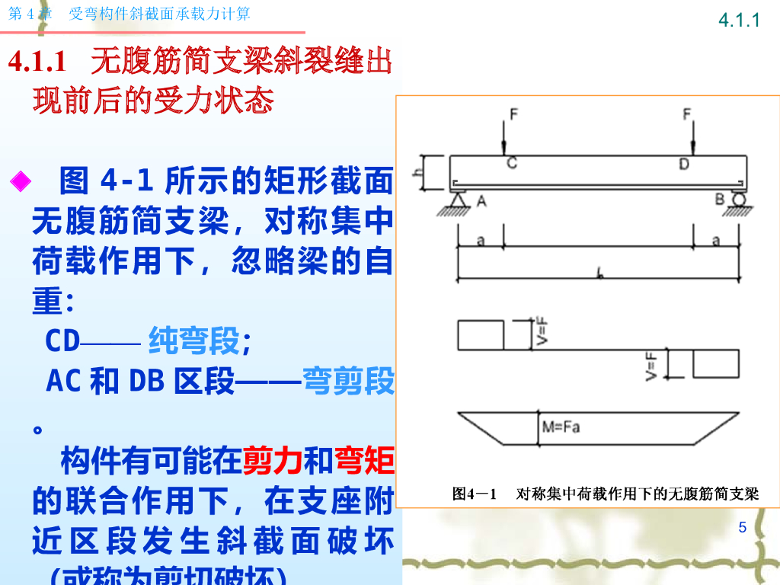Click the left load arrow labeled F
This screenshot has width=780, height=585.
pos(504,137)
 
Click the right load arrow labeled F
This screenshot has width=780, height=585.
pos(692,137)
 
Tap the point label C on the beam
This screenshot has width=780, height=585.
pos(512,163)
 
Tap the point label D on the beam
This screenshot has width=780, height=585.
pos(684,163)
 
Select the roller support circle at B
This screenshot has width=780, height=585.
pos(737,200)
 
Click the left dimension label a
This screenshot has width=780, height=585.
pos(481,241)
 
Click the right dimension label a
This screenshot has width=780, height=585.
pos(715,241)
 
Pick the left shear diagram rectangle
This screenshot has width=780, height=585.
pos(481,335)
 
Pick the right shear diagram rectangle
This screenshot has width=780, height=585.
pos(715,364)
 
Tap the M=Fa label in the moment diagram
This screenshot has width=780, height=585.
pos(561,427)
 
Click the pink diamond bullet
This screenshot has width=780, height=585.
pos(20,181)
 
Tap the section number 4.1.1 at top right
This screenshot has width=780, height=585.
pos(740,21)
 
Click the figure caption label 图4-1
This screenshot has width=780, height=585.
pos(475,494)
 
